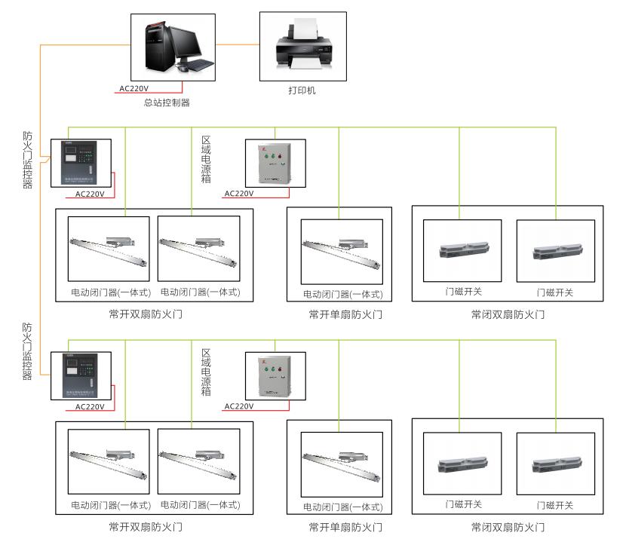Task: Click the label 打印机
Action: [x=302, y=90]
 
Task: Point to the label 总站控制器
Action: [x=167, y=103]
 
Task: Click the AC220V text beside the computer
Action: [x=134, y=88]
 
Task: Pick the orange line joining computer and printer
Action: [x=241, y=44]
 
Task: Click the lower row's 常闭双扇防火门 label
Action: [x=508, y=527]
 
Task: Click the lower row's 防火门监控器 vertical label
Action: [x=28, y=352]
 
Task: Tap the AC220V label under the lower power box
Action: [x=239, y=406]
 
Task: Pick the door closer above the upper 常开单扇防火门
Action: [x=339, y=251]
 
